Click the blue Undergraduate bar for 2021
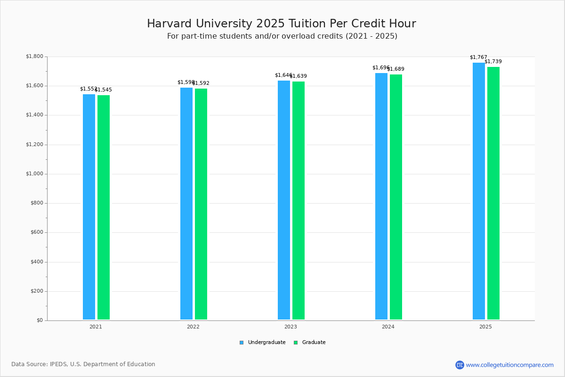pyautogui.click(x=89, y=207)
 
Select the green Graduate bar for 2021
pyautogui.click(x=104, y=207)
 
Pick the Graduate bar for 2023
pyautogui.click(x=299, y=200)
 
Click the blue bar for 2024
pyautogui.click(x=381, y=196)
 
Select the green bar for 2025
pyautogui.click(x=493, y=193)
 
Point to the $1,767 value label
pyautogui.click(x=478, y=57)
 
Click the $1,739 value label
pyautogui.click(x=493, y=62)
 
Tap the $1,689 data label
pyautogui.click(x=396, y=69)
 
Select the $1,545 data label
pyautogui.click(x=104, y=90)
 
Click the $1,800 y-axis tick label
pyautogui.click(x=34, y=57)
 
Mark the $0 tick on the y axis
pyautogui.click(x=40, y=320)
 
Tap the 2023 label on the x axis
pyautogui.click(x=291, y=327)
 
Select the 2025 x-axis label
pyautogui.click(x=485, y=327)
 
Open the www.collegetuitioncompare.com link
pyautogui.click(x=509, y=365)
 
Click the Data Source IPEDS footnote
pyautogui.click(x=83, y=364)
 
